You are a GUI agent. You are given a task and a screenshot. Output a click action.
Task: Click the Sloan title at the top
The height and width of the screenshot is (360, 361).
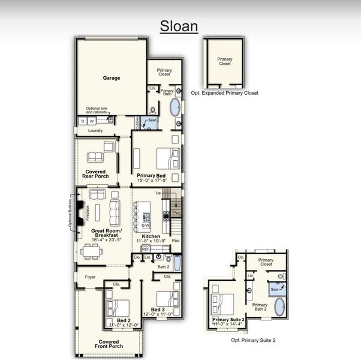pos(179,26)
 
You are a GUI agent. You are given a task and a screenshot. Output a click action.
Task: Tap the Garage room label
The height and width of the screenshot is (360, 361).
pos(111,78)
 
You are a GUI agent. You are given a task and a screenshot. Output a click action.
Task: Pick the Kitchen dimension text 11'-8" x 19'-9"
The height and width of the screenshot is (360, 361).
pos(151,242)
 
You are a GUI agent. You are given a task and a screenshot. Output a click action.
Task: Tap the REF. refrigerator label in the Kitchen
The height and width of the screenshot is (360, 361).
pos(145,248)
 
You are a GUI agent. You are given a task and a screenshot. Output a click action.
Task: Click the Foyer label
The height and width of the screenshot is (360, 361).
pos(90,277)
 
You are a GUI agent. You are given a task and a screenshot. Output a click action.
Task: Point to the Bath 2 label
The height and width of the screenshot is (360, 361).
pos(163,266)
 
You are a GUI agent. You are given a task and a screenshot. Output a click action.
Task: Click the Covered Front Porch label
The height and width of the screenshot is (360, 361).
pos(109,344)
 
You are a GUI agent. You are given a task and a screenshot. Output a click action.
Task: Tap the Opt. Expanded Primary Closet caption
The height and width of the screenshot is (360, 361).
pos(225,93)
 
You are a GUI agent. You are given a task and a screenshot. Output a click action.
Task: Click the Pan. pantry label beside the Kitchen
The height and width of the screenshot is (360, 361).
pos(175,240)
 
